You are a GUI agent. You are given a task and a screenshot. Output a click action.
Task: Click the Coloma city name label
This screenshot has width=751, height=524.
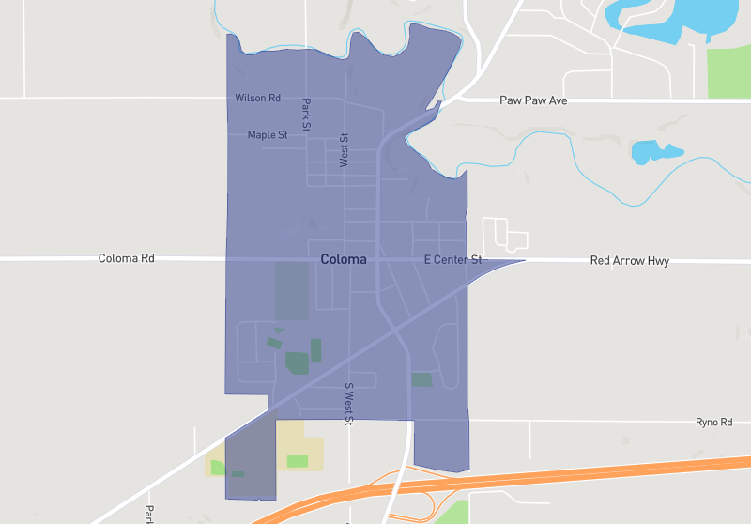pyautogui.click(x=343, y=259)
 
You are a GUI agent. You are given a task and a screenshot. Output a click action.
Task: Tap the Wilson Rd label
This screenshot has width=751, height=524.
pyautogui.click(x=257, y=98)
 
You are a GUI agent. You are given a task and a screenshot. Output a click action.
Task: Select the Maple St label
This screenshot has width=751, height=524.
pyautogui.click(x=268, y=135)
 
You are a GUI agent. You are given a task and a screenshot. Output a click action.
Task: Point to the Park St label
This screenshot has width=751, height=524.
pyautogui.click(x=306, y=115)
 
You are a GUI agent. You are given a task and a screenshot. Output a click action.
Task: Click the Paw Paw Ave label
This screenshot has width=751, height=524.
pyautogui.click(x=533, y=100)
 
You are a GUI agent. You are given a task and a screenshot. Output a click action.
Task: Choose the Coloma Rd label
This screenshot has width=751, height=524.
pyautogui.click(x=126, y=258)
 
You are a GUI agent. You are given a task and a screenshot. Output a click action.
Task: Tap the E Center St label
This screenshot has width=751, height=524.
pyautogui.click(x=452, y=259)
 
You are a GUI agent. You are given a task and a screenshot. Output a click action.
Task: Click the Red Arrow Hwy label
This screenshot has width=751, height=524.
pyautogui.click(x=629, y=261)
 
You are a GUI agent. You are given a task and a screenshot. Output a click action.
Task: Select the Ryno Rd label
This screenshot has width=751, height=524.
pyautogui.click(x=713, y=423)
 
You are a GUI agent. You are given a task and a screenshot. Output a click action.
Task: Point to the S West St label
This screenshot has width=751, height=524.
pyautogui.click(x=347, y=404)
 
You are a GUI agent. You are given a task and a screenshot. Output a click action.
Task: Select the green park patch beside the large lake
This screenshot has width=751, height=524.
pyautogui.click(x=728, y=70)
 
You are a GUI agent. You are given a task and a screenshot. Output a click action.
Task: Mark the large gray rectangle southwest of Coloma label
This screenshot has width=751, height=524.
pyautogui.click(x=291, y=291)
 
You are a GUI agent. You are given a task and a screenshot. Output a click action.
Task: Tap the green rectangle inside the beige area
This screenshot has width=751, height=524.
pyautogui.click(x=297, y=461)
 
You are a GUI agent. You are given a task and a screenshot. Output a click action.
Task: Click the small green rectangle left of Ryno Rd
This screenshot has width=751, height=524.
pyautogui.click(x=421, y=379)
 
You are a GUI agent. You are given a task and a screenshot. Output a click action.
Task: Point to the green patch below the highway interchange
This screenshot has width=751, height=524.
pyautogui.click(x=453, y=513)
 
